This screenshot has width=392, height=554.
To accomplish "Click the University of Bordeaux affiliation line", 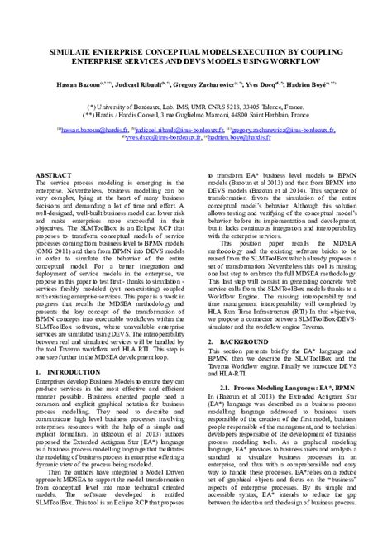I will [x=195, y=107].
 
